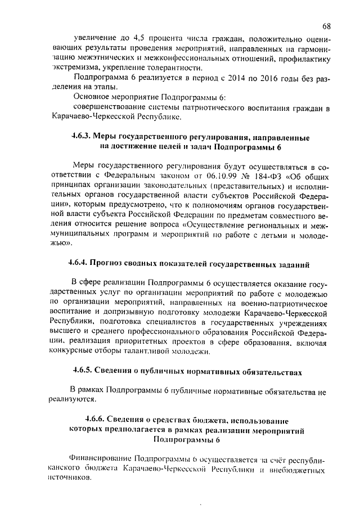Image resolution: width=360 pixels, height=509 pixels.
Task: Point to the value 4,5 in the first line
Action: pos(139,39)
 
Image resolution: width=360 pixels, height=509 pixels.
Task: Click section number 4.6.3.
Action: pos(80,137)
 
